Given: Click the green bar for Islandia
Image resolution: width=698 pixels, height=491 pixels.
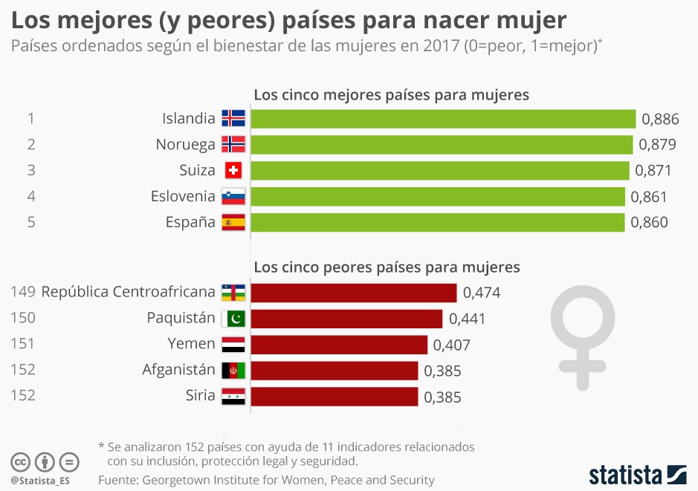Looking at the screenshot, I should coord(443,119).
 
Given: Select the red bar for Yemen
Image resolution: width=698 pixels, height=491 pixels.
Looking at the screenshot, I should coord(339,345).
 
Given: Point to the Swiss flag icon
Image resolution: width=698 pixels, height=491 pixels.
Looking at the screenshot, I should coord(233,171).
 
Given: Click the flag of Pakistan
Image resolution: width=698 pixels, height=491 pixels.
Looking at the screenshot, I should coord(233,319).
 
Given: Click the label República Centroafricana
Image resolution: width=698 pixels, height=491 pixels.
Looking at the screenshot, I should coord(128,292).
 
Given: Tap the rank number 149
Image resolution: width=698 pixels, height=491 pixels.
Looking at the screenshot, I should coord(23,292).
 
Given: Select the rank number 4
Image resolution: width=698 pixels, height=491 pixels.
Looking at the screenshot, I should coord(31,196).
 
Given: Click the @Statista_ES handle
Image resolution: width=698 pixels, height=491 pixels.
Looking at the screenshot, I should coord(40,481).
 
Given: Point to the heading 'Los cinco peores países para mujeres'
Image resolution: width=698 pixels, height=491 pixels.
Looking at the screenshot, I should coord(387,267).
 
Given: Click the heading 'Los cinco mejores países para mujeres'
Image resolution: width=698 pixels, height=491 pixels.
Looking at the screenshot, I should coord(391,95).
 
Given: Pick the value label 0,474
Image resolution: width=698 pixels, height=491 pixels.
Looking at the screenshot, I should coord(481,293).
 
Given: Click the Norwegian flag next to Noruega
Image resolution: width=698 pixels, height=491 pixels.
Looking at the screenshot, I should coord(233,145).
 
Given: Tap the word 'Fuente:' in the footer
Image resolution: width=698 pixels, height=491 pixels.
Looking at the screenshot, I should coord(118,480).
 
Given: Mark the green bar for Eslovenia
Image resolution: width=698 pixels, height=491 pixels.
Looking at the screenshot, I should coord(438,197).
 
